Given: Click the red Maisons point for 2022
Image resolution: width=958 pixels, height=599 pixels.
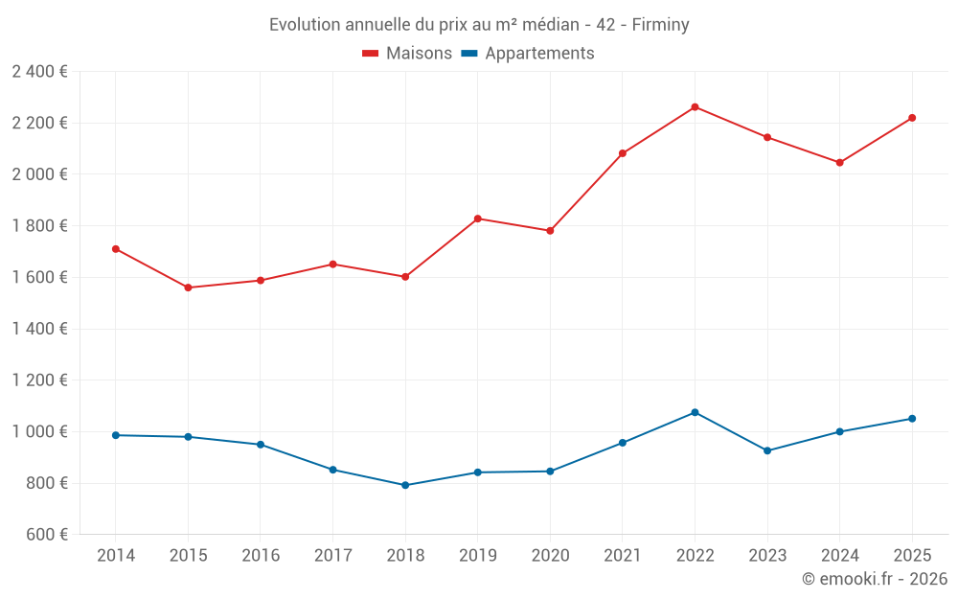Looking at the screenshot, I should coord(695,107).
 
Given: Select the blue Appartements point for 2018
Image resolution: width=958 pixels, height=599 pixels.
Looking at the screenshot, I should coord(405,485).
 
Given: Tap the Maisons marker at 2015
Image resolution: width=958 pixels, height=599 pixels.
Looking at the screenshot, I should coord(188,288).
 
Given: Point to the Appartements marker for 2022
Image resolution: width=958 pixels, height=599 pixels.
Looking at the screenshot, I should coord(695,412).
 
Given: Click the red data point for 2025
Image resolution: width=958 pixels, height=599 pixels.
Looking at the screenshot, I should coord(912,118).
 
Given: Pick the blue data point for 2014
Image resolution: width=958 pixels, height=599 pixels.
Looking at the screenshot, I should coord(116,435).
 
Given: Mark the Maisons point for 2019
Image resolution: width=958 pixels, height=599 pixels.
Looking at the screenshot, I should coord(478,219).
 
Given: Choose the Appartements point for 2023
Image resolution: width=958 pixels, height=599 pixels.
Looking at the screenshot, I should coord(767,450).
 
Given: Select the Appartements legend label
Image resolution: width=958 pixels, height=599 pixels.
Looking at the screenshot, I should coord(539,54).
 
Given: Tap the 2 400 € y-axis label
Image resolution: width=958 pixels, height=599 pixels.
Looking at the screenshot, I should coord(39,72).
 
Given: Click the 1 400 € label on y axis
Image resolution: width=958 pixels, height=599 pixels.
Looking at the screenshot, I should coord(39,329).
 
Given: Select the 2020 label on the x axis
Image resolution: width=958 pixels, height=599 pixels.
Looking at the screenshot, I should coord(550,556).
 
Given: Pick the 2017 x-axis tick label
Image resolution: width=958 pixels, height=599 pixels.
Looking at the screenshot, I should coord(332,556).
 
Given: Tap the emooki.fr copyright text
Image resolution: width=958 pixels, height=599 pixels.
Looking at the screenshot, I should coord(874,579).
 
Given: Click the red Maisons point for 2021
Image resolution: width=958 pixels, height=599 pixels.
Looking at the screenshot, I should coord(623,153).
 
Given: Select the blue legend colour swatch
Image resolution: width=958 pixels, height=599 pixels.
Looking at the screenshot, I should coord(469,54).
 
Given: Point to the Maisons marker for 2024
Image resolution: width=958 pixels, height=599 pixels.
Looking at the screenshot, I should coord(840,163).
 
